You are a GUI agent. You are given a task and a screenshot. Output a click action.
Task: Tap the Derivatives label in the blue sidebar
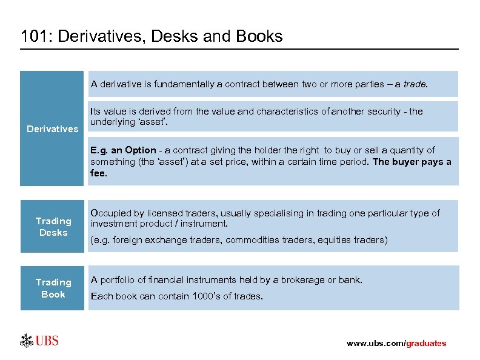(x=52, y=128)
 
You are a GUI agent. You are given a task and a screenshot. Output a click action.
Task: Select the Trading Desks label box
(x=53, y=227)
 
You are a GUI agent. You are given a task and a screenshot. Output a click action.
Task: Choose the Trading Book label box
(x=53, y=288)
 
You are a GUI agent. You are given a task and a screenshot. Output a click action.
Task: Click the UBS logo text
(x=47, y=341)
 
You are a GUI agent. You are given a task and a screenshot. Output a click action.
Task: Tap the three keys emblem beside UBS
(x=27, y=341)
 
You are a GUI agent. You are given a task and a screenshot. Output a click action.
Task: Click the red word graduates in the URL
(x=425, y=343)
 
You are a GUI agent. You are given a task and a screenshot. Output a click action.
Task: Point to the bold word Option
(x=141, y=150)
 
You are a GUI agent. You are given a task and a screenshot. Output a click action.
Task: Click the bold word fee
(x=98, y=173)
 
